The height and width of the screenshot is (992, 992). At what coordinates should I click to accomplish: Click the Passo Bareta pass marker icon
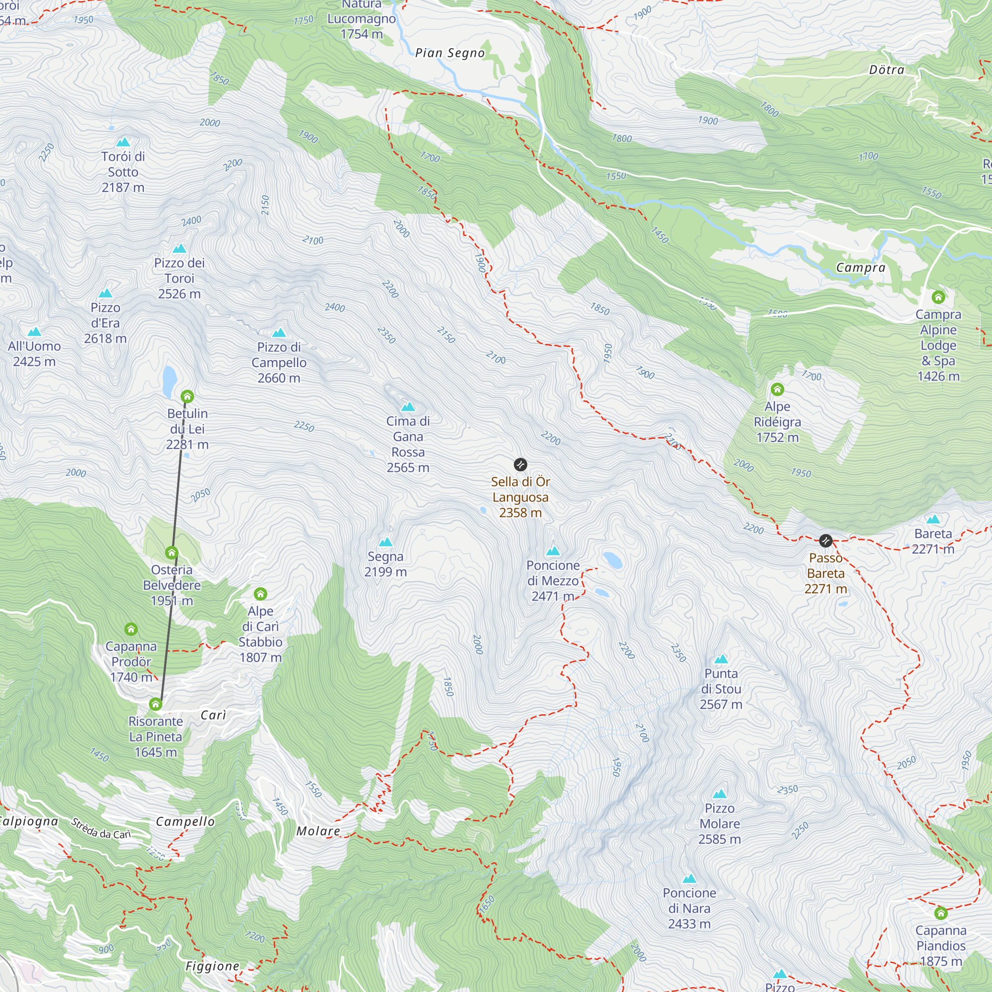coord(826,541)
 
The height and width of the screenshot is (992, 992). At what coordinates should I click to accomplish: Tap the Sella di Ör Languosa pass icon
coord(520,465)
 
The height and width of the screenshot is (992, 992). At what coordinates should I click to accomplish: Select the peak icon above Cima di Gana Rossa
coord(408,407)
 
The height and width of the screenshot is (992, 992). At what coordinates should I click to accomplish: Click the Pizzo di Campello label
coord(279,363)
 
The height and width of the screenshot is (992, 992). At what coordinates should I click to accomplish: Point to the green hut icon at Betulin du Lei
coord(187,396)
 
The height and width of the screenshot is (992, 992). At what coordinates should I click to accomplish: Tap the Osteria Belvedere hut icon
coord(172,553)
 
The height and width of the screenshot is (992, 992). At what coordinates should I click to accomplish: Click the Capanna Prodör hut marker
coord(131,629)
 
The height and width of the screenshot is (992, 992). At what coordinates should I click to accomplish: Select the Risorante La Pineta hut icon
coord(156,704)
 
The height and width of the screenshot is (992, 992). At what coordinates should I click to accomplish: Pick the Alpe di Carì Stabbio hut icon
coord(260,594)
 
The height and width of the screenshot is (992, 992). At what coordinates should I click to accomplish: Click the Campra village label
coord(861,267)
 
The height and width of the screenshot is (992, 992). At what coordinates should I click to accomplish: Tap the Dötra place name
coord(887,70)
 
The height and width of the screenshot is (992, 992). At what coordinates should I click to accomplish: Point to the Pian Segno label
coord(450,53)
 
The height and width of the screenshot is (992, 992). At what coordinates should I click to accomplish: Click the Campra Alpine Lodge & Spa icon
coord(938,297)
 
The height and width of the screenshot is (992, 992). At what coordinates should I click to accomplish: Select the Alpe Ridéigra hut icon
coord(777,389)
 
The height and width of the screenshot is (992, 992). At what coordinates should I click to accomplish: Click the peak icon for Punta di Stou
coord(721,659)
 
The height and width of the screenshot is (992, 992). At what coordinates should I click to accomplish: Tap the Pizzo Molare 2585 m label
coord(719,823)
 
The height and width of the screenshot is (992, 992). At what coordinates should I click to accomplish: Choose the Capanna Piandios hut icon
coord(940,913)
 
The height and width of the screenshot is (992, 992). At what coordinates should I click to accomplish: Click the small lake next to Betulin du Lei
coord(170,381)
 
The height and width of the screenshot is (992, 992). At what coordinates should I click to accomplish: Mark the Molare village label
coord(318,831)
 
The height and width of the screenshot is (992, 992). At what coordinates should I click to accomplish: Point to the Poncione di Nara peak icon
coord(689,878)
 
